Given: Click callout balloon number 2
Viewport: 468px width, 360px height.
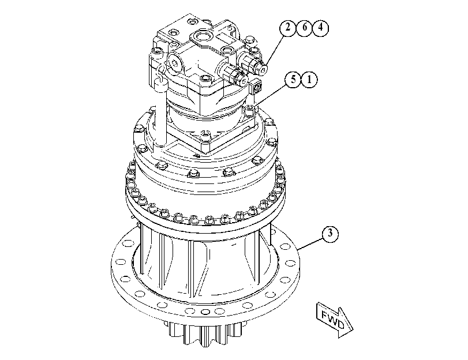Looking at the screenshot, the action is tap(287, 28).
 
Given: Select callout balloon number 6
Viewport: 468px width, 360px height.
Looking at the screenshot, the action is tap(304, 28).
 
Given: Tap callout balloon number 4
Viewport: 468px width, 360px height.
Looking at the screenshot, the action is tap(320, 28).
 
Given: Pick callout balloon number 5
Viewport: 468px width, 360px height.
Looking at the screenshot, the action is tap(293, 80).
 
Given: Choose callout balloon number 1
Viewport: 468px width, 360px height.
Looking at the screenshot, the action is tap(309, 80).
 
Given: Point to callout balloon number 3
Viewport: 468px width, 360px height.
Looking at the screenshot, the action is tap(330, 233).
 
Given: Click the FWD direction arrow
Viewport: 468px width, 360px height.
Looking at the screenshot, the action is tap(334, 320).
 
